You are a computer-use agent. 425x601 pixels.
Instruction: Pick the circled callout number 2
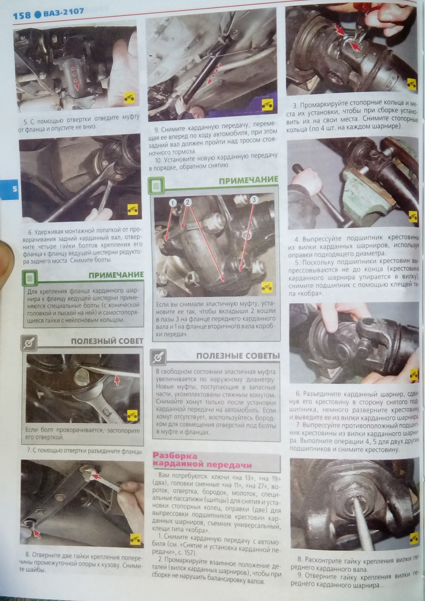tap(188, 202)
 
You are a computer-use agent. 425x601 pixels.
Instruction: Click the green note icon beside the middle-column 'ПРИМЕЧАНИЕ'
tap(157, 185)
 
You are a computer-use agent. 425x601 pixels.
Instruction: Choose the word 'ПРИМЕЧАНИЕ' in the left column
tap(116, 275)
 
